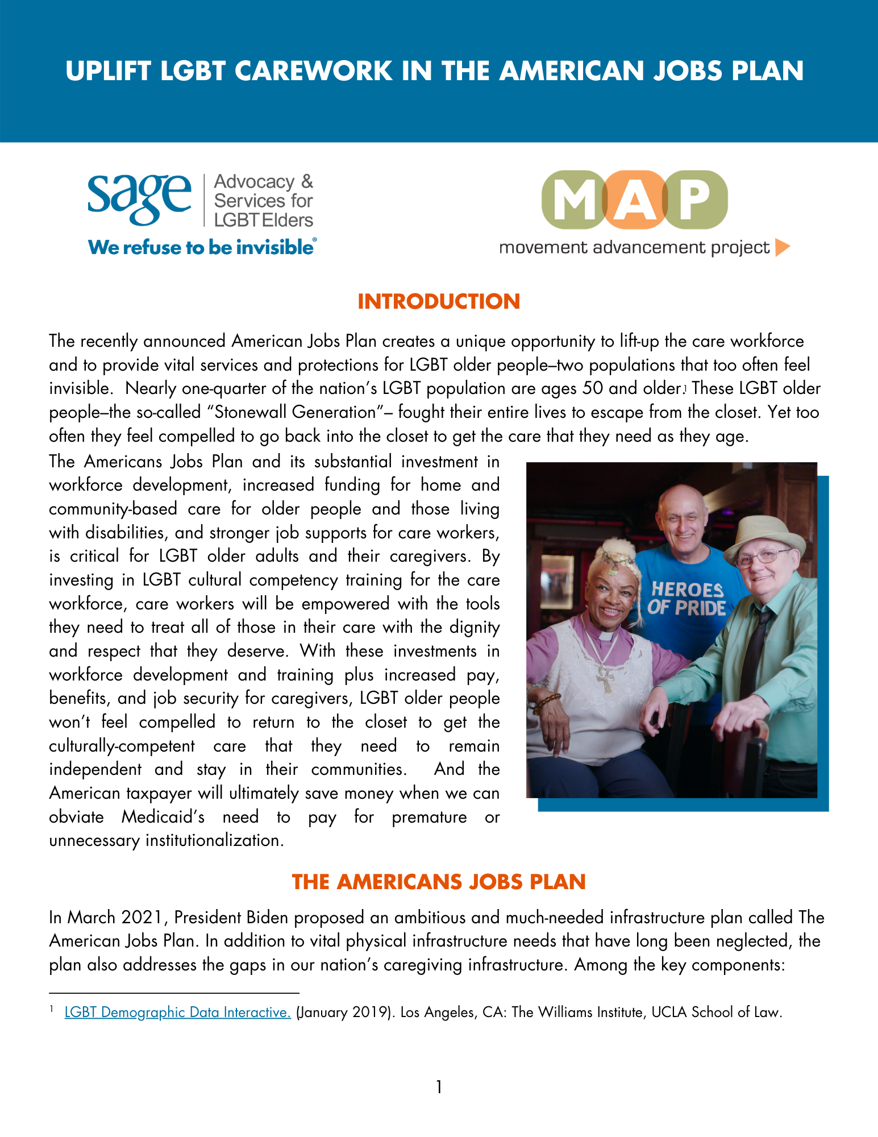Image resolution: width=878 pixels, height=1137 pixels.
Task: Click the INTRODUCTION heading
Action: point(439,302)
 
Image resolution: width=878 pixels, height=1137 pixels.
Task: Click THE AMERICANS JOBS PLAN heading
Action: point(439,882)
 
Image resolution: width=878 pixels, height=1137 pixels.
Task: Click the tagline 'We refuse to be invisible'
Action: point(202,247)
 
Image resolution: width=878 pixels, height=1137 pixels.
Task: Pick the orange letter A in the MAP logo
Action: point(635,200)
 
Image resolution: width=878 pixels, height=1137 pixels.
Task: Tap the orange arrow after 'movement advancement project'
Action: point(783,247)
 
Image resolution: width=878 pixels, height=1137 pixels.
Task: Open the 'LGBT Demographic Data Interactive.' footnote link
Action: point(177,1012)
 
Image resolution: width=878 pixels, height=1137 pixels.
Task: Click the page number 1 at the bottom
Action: point(439,1087)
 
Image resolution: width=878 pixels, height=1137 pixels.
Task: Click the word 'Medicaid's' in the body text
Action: point(163,817)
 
